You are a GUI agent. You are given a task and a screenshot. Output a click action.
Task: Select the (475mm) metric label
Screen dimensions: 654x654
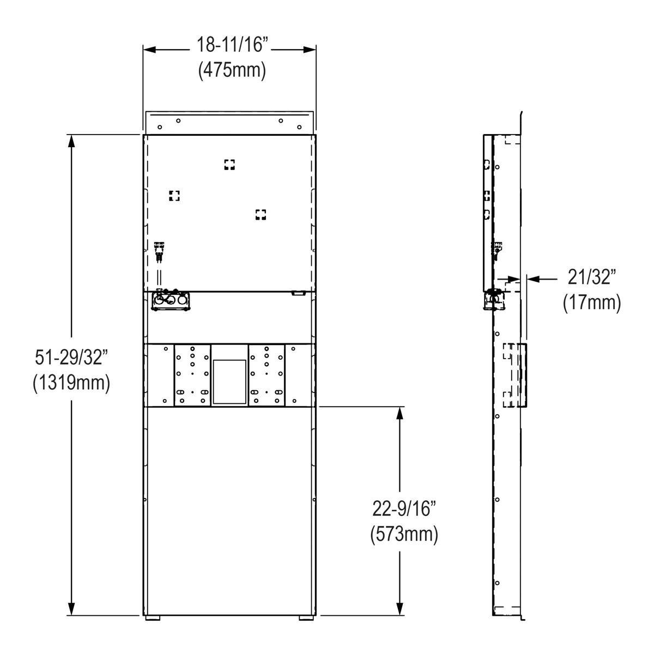click(232, 70)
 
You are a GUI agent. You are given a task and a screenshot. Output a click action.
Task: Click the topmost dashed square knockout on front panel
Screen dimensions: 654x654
click(229, 165)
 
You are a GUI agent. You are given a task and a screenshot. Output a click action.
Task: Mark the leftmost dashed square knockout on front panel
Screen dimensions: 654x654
click(174, 196)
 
